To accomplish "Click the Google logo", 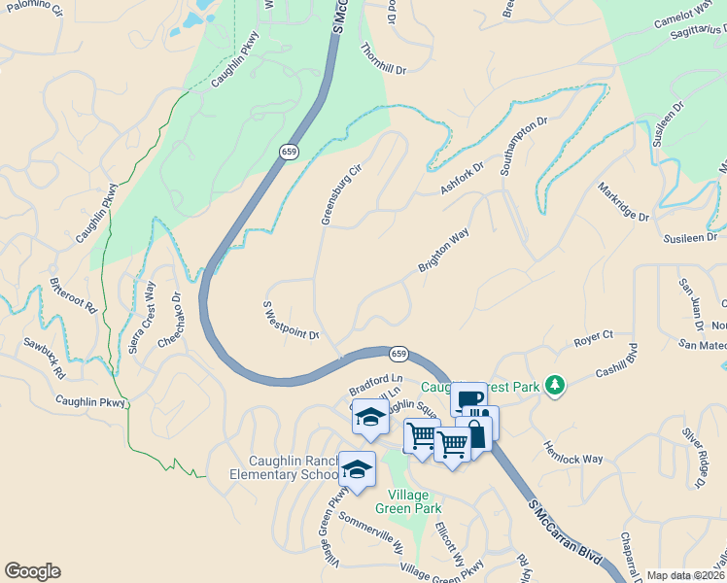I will [x=32, y=571].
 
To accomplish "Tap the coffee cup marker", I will [x=467, y=398].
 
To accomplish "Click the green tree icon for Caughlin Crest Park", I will [x=554, y=386].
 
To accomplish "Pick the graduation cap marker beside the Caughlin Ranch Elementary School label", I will [x=357, y=468].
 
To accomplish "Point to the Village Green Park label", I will [x=415, y=500].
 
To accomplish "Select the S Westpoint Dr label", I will [x=291, y=320].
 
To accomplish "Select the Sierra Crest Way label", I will [x=142, y=316].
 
